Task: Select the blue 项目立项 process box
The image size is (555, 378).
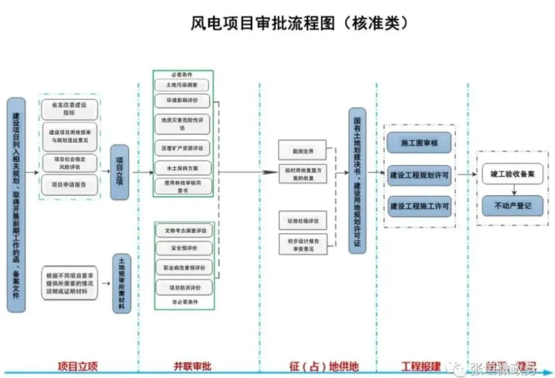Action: click(119, 172)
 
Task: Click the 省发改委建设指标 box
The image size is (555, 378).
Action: click(69, 109)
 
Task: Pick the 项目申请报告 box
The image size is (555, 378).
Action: click(69, 184)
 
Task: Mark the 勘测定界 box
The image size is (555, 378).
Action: click(301, 151)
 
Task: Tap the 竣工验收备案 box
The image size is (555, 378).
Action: click(512, 174)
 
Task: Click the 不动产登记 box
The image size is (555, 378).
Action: click(512, 206)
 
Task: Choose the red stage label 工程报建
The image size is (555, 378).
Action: click(420, 367)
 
